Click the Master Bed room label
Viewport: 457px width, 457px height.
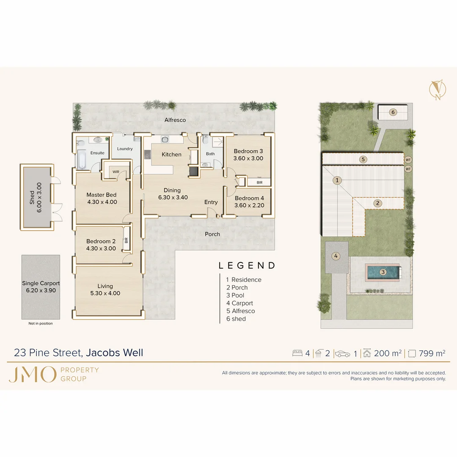tap(102, 195)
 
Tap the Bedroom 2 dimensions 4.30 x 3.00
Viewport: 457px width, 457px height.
tap(101, 248)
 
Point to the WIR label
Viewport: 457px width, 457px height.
tap(116, 172)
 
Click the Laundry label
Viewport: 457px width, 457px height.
tap(125, 149)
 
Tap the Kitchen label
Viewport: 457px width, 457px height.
tap(171, 154)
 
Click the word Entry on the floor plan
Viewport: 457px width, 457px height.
tap(211, 202)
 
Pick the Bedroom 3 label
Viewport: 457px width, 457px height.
tap(248, 151)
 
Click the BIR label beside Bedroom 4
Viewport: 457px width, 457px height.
tap(259, 182)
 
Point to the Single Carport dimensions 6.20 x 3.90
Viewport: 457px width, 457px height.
tap(41, 290)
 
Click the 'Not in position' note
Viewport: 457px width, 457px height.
tap(41, 323)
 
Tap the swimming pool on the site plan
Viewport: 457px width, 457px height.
tap(383, 272)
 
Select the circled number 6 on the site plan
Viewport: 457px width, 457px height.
tap(393, 112)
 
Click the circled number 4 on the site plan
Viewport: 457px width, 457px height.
tap(336, 256)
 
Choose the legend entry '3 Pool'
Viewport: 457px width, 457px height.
tap(235, 295)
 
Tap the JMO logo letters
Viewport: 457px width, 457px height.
tap(32, 374)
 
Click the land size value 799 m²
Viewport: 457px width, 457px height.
tap(432, 353)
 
